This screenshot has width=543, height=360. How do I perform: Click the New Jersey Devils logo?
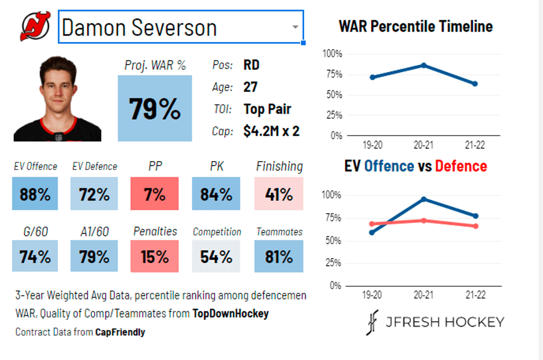[x=35, y=27]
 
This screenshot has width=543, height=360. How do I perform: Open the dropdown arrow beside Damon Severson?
[x=295, y=27]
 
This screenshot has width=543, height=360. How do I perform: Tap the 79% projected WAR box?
[x=155, y=109]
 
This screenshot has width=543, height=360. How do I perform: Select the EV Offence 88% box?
[x=35, y=194]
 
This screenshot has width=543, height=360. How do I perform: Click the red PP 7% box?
[x=155, y=194]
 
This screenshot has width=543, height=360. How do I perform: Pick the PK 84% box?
[x=216, y=194]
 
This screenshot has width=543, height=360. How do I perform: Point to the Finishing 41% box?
[x=279, y=194]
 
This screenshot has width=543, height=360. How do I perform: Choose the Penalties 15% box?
[x=155, y=256]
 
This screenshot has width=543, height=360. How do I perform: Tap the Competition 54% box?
[x=216, y=256]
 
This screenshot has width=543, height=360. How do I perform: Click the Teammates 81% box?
[x=279, y=256]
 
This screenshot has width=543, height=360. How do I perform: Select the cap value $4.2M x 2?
[x=271, y=131]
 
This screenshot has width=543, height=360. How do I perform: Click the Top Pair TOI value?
[x=267, y=109]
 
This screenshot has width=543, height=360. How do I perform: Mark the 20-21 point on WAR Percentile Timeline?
[x=423, y=65]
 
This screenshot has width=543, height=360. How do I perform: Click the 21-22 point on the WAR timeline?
[x=475, y=84]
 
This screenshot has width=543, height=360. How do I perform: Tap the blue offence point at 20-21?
[x=423, y=199]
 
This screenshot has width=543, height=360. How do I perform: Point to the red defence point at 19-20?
[x=372, y=224]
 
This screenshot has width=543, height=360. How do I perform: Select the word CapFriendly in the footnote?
[x=120, y=332]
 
